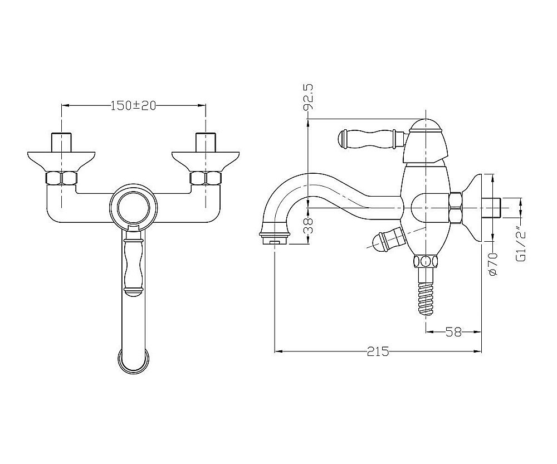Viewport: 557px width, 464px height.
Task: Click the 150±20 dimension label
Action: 133,105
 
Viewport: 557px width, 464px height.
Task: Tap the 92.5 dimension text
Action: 309,97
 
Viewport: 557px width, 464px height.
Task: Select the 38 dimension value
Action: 309,225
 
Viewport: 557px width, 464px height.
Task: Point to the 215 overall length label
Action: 378,351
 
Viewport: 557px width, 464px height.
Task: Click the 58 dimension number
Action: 453,332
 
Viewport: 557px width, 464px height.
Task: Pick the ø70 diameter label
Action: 493,263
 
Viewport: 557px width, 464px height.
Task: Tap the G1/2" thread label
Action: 520,244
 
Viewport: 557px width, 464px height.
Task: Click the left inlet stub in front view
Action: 62,143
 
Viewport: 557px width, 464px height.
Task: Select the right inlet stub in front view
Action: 206,143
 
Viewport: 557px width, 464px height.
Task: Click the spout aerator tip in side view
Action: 275,235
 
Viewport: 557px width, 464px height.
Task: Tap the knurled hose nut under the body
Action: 426,261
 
